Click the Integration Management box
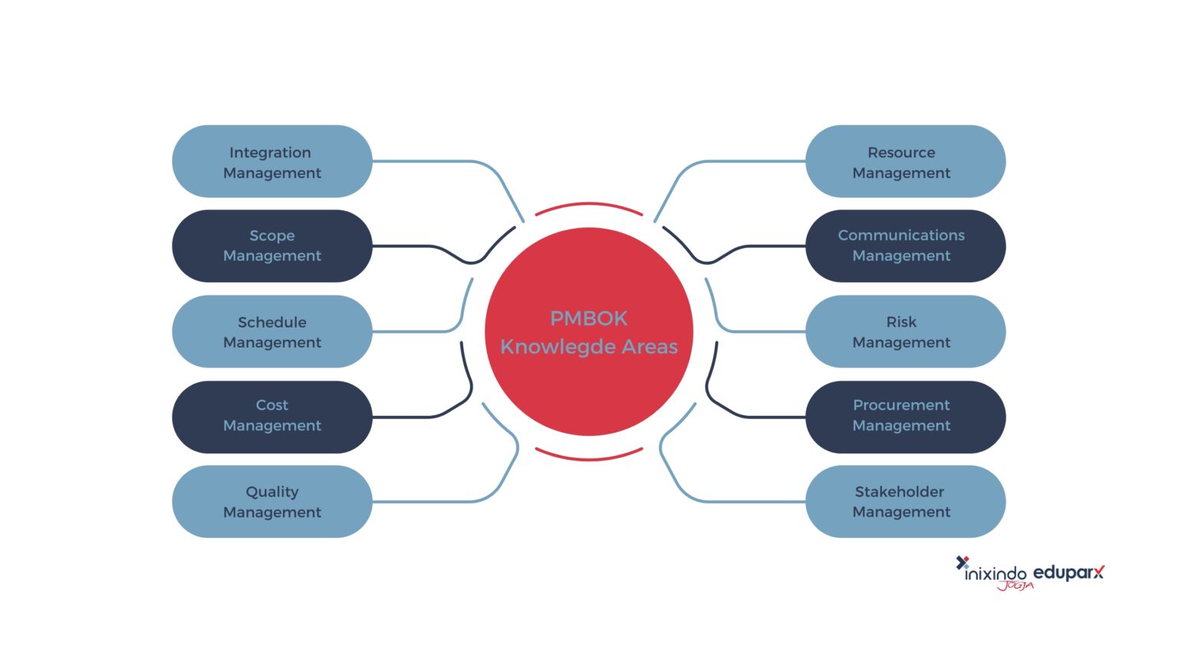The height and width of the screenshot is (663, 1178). click(x=271, y=162)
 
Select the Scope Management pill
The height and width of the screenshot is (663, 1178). click(x=271, y=246)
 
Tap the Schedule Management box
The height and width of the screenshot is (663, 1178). click(x=271, y=331)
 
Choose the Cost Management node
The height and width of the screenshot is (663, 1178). click(x=271, y=416)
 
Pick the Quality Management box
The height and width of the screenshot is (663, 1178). click(x=271, y=501)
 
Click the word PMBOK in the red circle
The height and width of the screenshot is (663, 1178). click(x=588, y=318)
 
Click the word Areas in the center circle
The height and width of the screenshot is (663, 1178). click(x=650, y=347)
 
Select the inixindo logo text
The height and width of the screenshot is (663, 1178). click(x=995, y=572)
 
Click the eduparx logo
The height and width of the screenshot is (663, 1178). click(x=1068, y=572)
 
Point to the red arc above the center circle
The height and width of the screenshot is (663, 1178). click(x=589, y=204)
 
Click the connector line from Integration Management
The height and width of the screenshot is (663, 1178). click(x=429, y=161)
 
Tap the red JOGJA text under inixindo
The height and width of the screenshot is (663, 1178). click(x=1015, y=586)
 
